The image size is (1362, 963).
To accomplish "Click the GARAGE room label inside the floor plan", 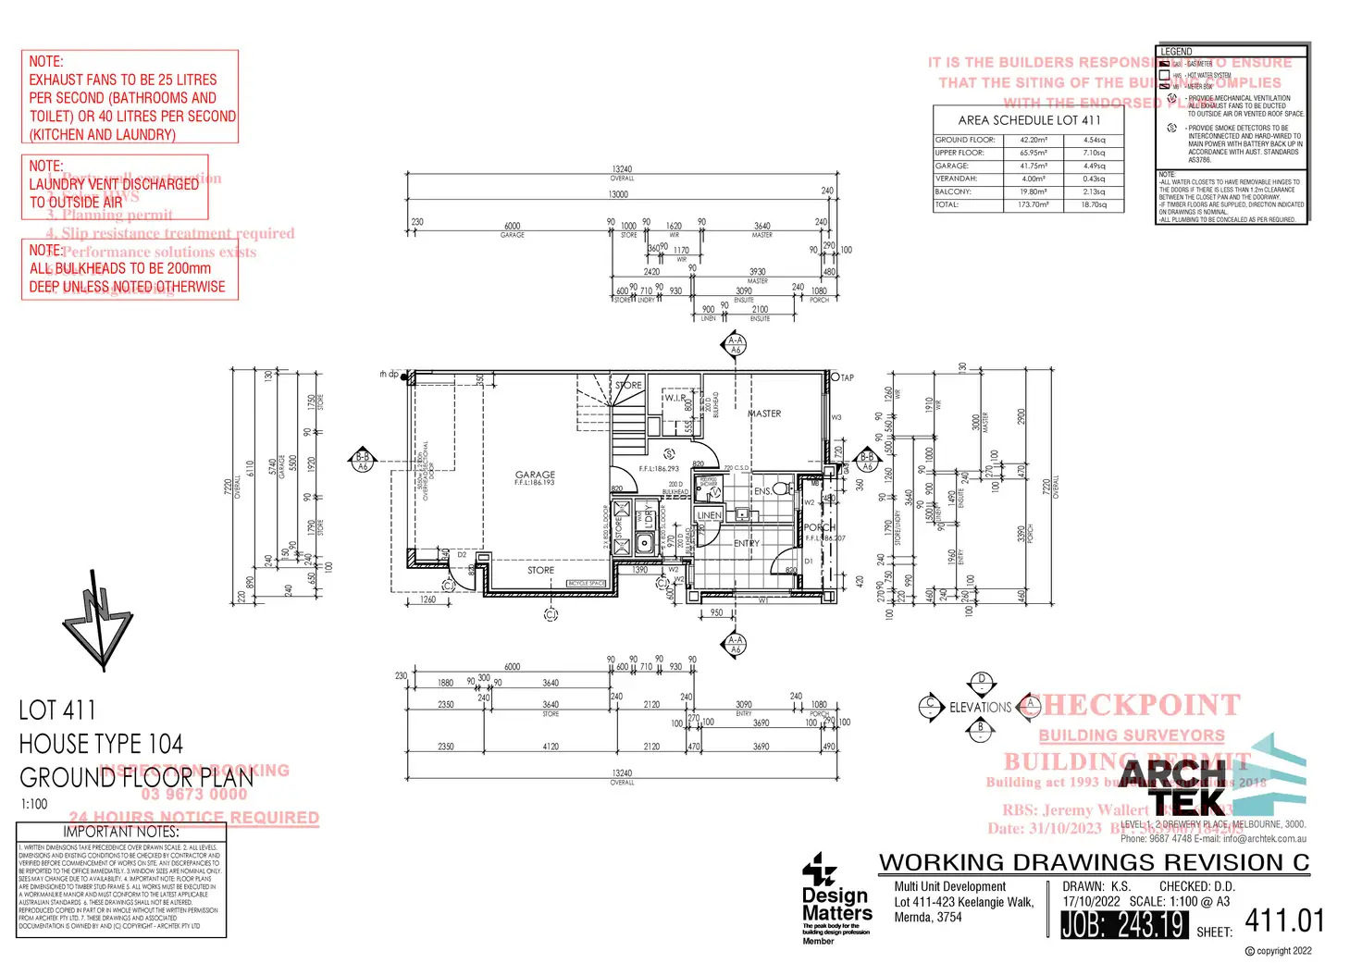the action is click(x=535, y=475).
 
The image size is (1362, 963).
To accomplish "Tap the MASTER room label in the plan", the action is click(x=765, y=414).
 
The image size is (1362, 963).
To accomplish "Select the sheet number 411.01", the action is click(x=1284, y=920).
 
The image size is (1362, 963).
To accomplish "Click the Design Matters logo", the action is click(x=836, y=897).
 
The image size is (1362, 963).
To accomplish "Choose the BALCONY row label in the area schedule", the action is click(x=952, y=191).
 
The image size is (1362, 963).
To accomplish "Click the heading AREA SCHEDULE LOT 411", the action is click(x=1029, y=120).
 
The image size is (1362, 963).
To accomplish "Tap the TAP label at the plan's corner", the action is click(x=847, y=377).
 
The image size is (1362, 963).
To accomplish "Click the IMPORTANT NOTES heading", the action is click(x=121, y=832).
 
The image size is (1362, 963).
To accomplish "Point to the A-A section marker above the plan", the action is click(x=736, y=345).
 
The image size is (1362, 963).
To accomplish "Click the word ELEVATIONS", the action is click(x=980, y=708).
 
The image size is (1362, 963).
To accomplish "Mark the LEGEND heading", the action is click(x=1177, y=52).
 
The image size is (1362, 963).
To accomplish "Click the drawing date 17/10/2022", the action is click(x=1091, y=901).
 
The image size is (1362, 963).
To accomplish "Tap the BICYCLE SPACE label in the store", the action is click(x=586, y=584).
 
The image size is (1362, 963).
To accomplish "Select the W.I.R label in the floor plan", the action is click(x=675, y=398).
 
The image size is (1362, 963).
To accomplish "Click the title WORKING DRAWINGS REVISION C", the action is click(x=1094, y=862).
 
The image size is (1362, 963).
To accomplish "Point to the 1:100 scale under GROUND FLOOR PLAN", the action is click(x=34, y=804).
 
